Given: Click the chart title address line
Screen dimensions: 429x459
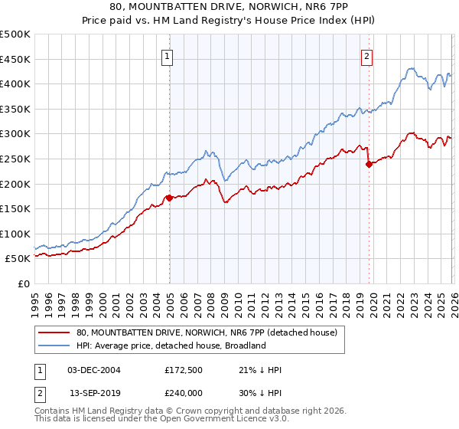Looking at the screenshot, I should point(229,7).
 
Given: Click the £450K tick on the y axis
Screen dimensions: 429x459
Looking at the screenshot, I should point(15,59).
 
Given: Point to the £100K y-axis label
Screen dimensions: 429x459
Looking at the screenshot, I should point(15,234).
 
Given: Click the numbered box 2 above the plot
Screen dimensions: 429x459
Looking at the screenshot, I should point(367,55).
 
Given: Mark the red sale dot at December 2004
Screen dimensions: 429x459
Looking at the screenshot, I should point(169,198).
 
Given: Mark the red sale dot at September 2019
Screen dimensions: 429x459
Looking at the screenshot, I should point(369,163).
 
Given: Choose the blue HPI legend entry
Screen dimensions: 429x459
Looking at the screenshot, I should point(170,345).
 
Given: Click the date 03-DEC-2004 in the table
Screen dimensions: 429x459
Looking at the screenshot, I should point(93,370).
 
